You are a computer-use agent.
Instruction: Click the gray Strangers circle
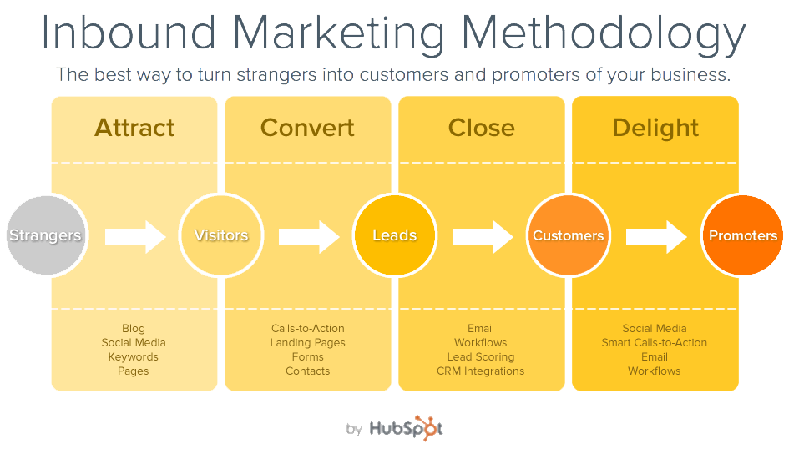pyautogui.click(x=47, y=235)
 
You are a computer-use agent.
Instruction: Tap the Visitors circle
pyautogui.click(x=221, y=235)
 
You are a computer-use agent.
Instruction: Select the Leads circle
pyautogui.click(x=395, y=235)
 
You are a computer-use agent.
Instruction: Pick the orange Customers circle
pyautogui.click(x=569, y=235)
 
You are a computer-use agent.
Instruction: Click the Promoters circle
pyautogui.click(x=742, y=235)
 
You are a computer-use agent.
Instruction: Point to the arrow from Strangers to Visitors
pyautogui.click(x=135, y=237)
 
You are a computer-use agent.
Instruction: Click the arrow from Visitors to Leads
pyautogui.click(x=309, y=237)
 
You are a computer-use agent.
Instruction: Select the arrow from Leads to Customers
pyautogui.click(x=483, y=237)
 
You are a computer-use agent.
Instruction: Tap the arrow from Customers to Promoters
pyautogui.click(x=657, y=237)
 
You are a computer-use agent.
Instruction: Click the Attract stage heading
pyautogui.click(x=134, y=128)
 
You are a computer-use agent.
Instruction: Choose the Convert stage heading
pyautogui.click(x=307, y=128)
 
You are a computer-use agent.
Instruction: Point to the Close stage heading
pyautogui.click(x=482, y=128)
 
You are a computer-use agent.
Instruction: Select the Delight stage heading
pyautogui.click(x=655, y=129)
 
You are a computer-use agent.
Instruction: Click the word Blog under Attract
pyautogui.click(x=134, y=329)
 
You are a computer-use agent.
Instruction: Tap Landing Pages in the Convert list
pyautogui.click(x=308, y=343)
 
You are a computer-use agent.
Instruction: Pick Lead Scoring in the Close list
pyautogui.click(x=481, y=357)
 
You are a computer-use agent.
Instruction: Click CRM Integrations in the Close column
pyautogui.click(x=481, y=371)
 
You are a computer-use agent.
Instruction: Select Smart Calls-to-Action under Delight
pyautogui.click(x=655, y=342)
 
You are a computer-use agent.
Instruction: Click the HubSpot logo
pyautogui.click(x=406, y=428)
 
